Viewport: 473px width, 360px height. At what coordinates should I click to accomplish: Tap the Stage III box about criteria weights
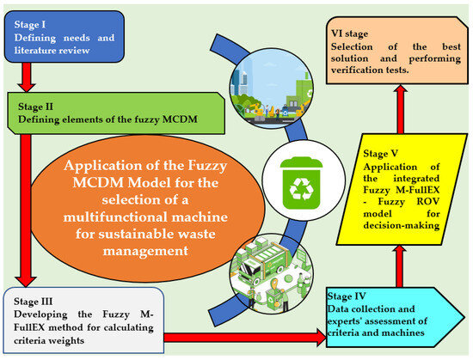(69, 319)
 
